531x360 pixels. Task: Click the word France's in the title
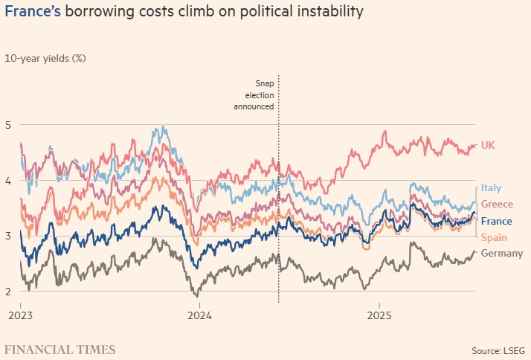[32, 12]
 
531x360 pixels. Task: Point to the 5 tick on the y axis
[9, 125]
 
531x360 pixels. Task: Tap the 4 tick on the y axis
[9, 181]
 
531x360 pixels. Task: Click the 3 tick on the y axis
[9, 237]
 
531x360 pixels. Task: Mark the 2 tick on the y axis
[9, 292]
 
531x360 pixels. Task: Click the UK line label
[488, 145]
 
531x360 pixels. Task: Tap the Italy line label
[491, 187]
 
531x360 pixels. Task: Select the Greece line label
[496, 205]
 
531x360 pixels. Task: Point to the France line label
[496, 221]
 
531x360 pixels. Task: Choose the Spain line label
[493, 237]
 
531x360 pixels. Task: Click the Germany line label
[502, 254]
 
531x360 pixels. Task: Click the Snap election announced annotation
[255, 95]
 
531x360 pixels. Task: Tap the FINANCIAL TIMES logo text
[60, 349]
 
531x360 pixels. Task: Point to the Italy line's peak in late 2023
[161, 127]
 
